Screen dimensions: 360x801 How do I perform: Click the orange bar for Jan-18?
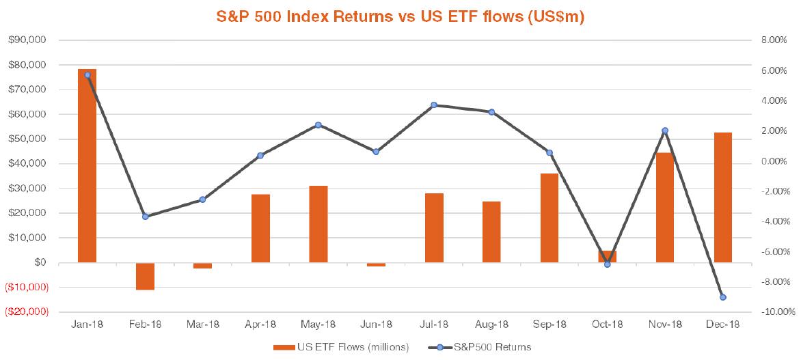pos(87,165)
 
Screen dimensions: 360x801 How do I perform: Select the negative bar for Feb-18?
pos(145,276)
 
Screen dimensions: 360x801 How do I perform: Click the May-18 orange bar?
pos(318,223)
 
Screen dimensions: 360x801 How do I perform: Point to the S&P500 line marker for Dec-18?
pos(723,297)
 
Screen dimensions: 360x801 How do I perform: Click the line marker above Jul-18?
pos(434,105)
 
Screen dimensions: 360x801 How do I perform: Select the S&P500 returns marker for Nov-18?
pos(665,130)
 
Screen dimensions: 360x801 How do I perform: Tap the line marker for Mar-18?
pos(202,199)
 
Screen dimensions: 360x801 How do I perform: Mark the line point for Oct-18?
pos(607,264)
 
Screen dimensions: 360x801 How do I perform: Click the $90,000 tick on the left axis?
pos(27,40)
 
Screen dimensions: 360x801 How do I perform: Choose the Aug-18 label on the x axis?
pos(491,324)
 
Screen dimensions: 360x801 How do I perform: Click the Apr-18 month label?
pos(260,324)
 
